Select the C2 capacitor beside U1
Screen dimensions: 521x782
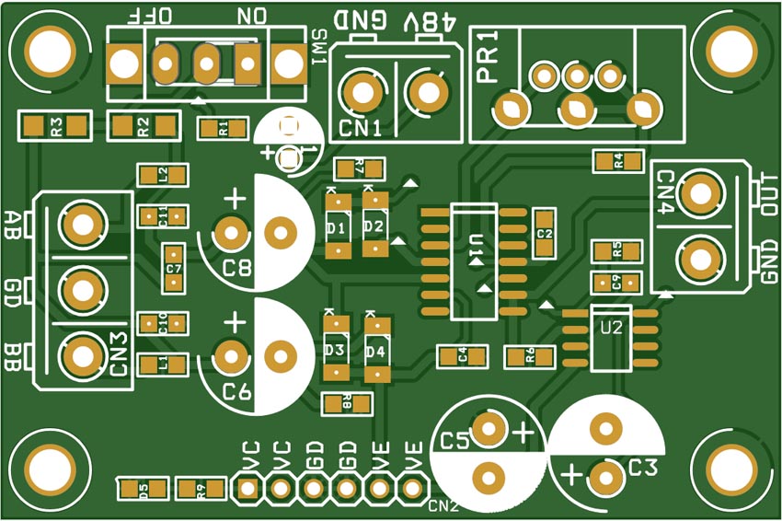click(x=544, y=233)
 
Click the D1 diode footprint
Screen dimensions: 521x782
click(x=337, y=226)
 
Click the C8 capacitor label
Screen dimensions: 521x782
click(x=236, y=269)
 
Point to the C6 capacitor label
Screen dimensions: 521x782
click(x=236, y=393)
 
